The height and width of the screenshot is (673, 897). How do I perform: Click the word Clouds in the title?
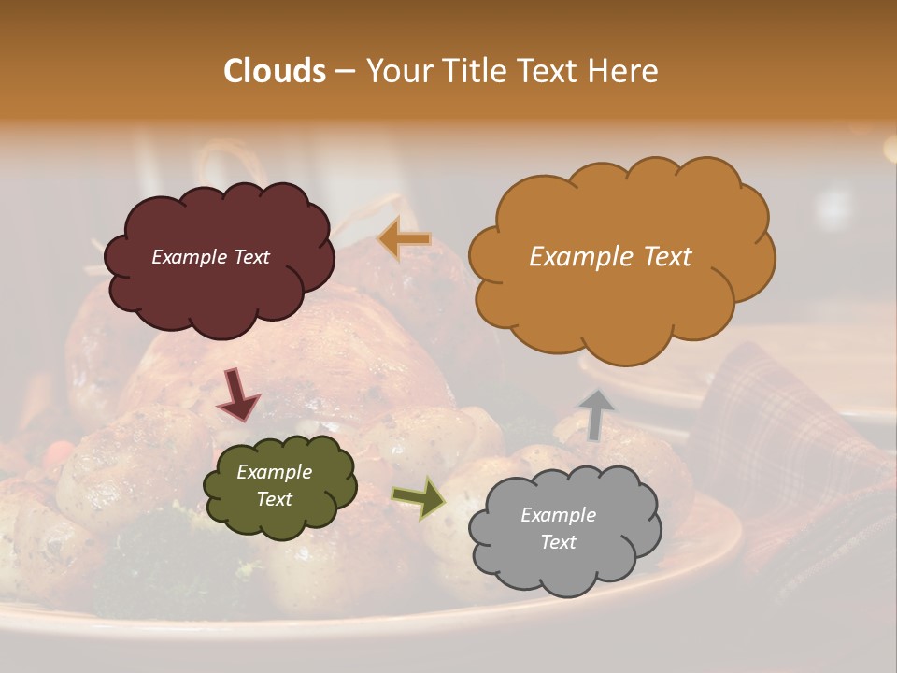coord(275,71)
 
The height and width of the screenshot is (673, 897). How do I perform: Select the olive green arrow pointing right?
coord(419,498)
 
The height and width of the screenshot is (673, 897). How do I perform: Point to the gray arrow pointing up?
coord(595,414)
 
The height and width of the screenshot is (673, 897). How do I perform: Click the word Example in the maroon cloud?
coord(189,257)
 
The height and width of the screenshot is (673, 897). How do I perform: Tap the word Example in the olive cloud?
coord(274,472)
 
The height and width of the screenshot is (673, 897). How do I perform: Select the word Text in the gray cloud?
coord(558,542)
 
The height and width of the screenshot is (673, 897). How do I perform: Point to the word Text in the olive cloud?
coord(274,499)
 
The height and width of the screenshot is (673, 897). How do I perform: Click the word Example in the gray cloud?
coord(558,515)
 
